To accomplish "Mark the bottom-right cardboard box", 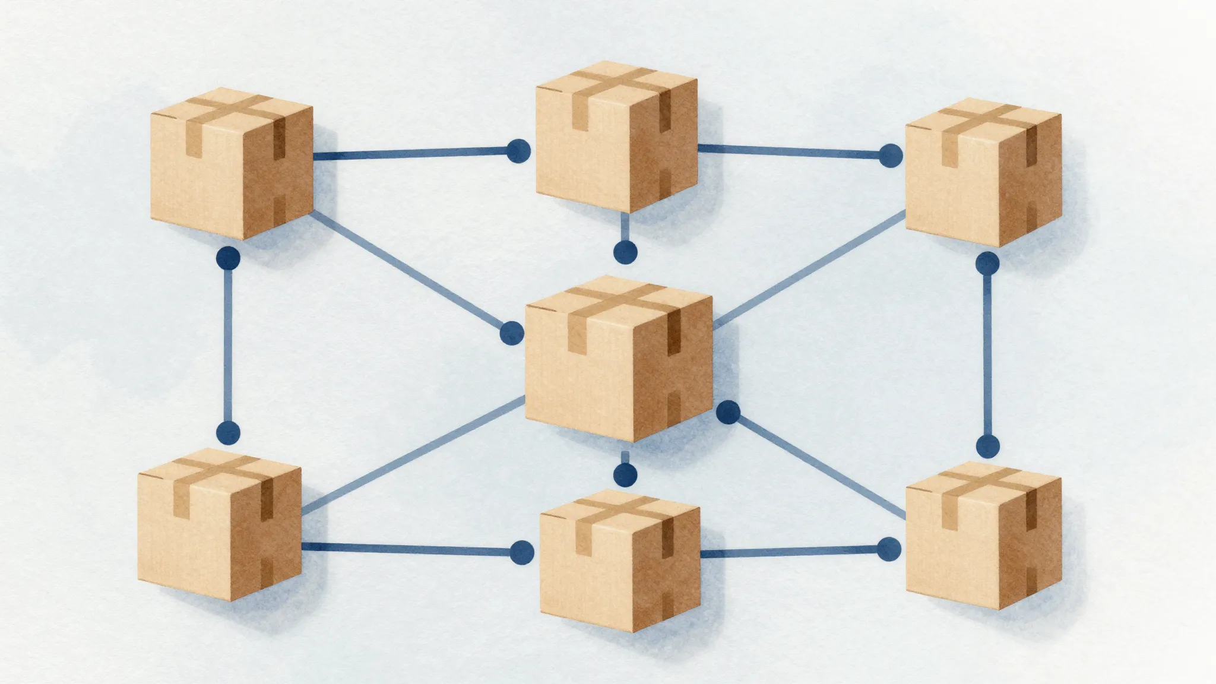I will pos(983,538).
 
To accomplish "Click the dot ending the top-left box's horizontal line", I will pos(518,151).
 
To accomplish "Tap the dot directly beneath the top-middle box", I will pos(625,252).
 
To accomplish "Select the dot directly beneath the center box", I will pos(625,474).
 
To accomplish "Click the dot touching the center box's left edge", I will pos(512,333).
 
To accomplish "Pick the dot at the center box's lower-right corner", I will pos(728,412).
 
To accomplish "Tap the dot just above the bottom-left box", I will pos(229,432).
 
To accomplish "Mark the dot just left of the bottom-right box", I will pos(889,549).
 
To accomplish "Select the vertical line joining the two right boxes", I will pos(987,354).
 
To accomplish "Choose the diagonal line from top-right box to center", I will pos(807,270).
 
